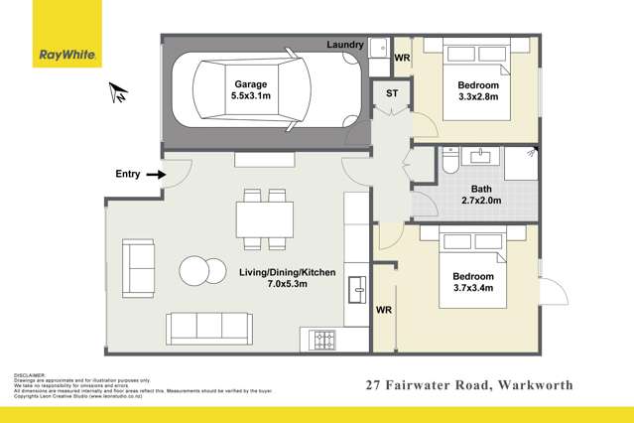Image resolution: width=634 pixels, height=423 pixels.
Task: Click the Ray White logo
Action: [x=65, y=56]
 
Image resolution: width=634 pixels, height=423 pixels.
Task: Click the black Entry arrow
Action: [x=154, y=176]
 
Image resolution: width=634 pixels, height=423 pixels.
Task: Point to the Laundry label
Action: [x=344, y=45]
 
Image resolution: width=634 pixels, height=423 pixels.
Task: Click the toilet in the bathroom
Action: [x=450, y=161]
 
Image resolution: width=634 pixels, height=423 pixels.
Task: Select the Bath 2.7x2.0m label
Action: [x=481, y=193]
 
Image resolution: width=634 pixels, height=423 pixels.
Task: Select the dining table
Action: [x=264, y=218]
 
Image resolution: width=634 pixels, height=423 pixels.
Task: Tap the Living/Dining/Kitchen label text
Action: [x=287, y=272]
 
